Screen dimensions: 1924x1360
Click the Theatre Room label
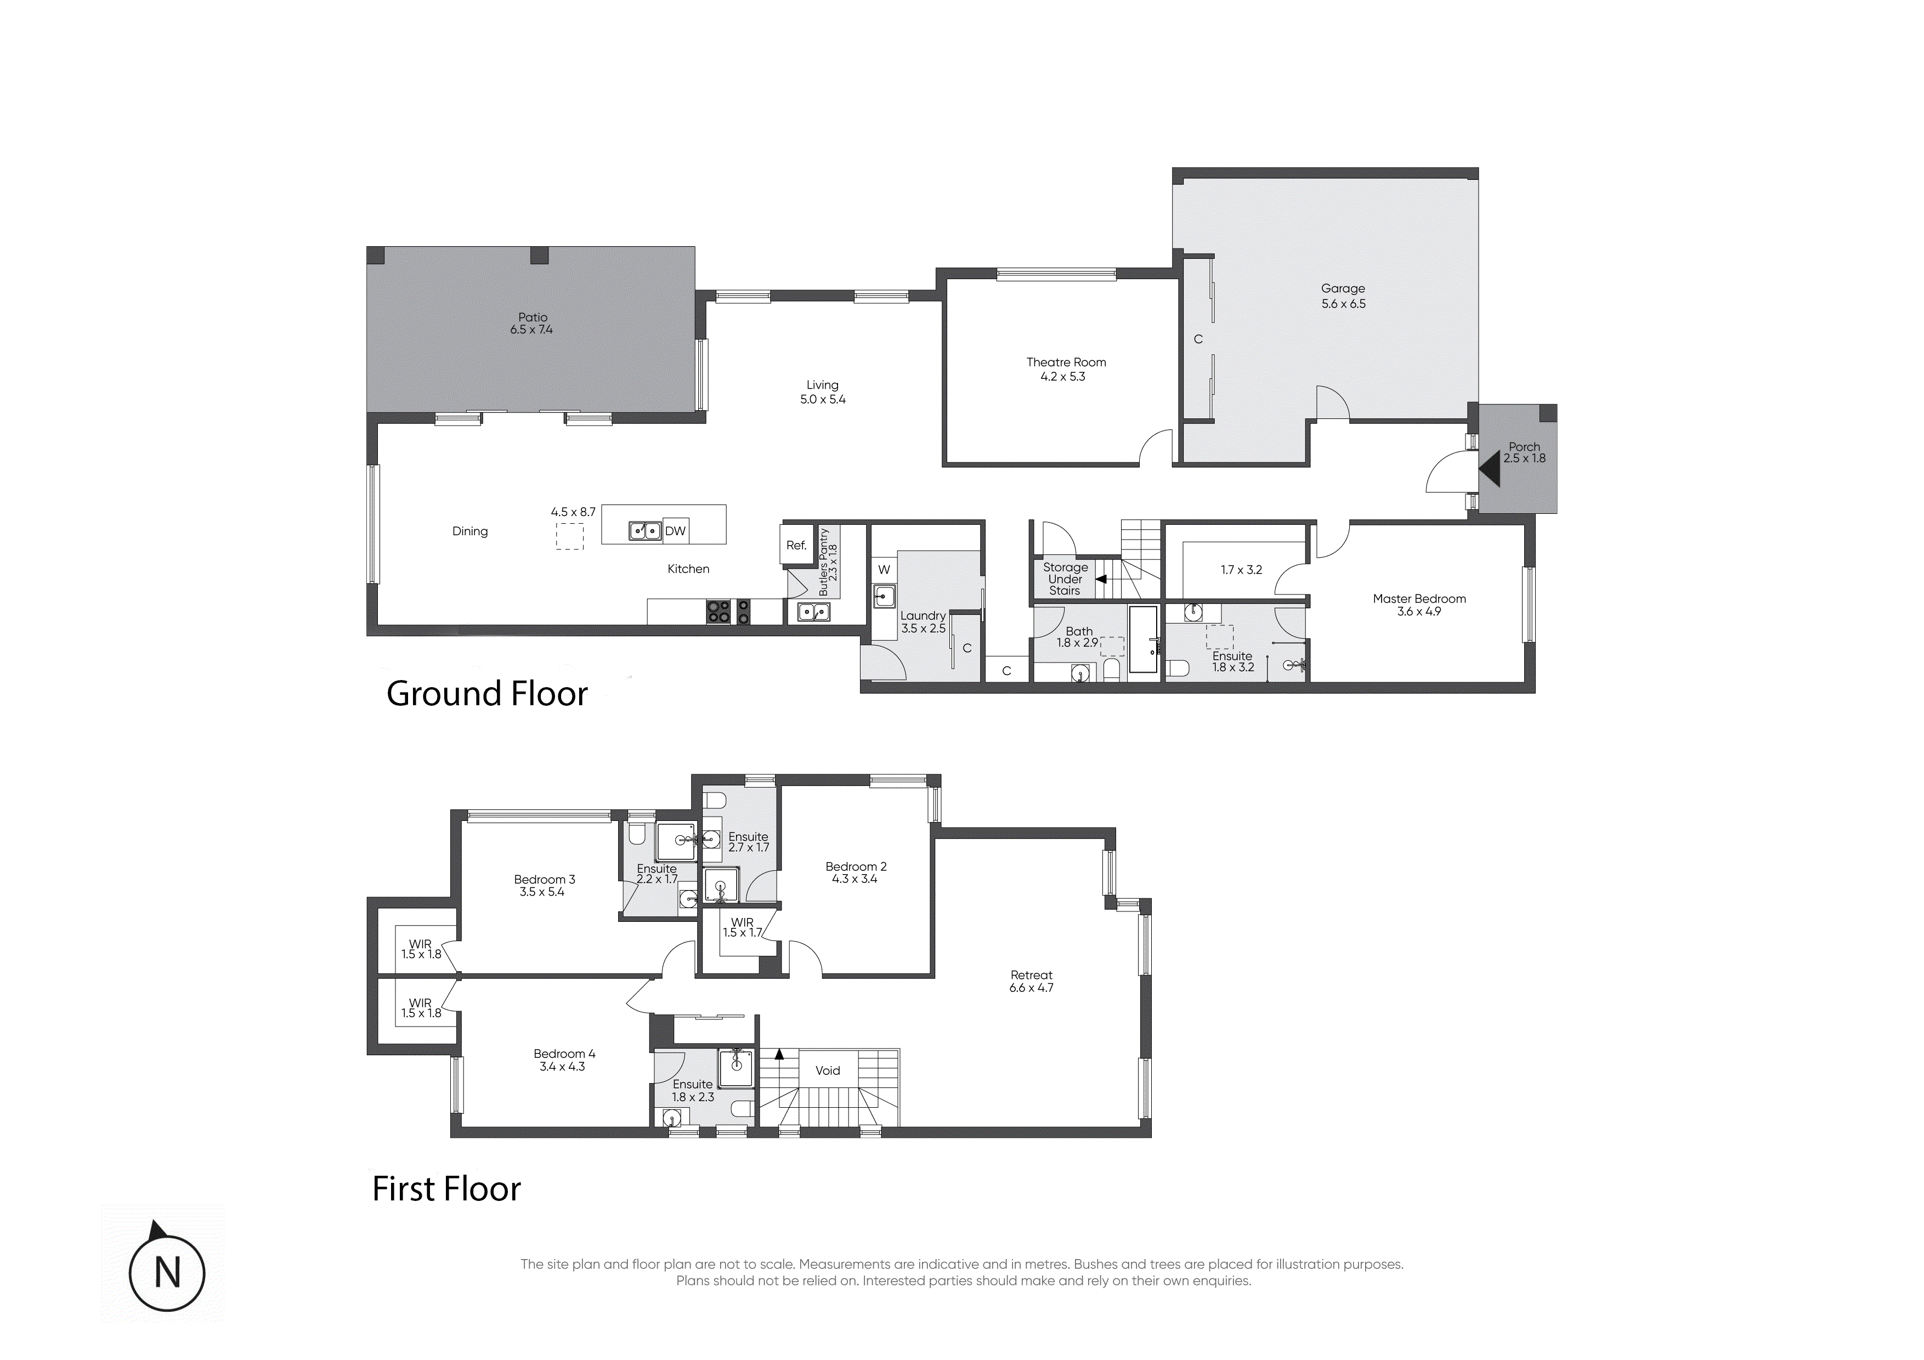coord(1066,362)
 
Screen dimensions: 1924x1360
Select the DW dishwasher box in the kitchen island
coord(675,530)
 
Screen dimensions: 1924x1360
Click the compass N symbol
coord(168,1273)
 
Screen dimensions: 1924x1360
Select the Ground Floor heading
coord(487,694)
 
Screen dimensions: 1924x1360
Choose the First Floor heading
coord(446,1188)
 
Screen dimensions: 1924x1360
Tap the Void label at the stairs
coord(828,1070)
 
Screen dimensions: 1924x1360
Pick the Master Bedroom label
coord(1419,598)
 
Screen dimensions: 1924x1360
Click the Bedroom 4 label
coord(565,1053)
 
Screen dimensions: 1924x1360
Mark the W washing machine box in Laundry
coord(884,570)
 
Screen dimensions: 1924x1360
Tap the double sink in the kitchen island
coord(645,530)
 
